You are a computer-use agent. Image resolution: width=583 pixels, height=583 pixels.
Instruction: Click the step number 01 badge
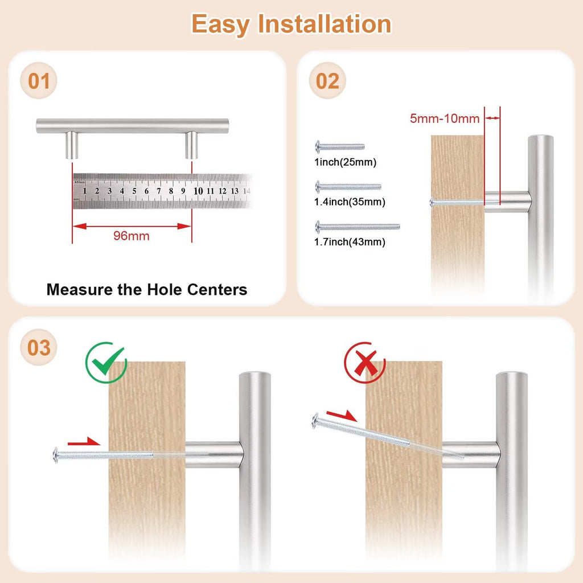point(38,81)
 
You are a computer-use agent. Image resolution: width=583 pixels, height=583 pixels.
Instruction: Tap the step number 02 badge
point(327,81)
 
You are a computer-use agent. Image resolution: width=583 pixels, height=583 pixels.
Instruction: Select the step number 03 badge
point(38,347)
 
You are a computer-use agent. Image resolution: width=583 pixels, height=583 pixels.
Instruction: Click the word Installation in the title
point(324,24)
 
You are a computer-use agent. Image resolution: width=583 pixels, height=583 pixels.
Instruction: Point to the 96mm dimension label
point(132,236)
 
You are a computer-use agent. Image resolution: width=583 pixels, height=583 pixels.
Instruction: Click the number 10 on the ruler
point(198,191)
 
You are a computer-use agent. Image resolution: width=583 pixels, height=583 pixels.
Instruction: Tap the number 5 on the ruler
point(134,191)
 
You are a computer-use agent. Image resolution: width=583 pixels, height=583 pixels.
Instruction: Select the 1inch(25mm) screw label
point(346,162)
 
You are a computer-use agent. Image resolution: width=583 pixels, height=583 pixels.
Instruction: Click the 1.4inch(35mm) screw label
point(350,202)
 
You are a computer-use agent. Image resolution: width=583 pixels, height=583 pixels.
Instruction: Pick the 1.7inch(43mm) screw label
point(350,241)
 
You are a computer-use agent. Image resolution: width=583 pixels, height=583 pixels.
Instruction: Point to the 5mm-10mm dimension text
point(445,118)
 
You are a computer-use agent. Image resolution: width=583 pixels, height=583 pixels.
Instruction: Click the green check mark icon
point(106,363)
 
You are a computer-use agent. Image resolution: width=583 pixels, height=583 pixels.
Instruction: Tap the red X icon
point(364,363)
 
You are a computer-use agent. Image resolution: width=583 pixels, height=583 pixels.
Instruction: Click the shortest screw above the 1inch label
point(340,147)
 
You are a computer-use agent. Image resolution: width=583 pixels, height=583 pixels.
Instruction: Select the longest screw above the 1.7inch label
point(358,227)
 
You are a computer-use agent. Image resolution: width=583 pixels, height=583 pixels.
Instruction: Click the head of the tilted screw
point(315,421)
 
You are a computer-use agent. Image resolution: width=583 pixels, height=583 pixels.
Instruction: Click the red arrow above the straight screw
point(84,442)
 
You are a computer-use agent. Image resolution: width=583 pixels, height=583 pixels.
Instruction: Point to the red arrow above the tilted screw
point(342,415)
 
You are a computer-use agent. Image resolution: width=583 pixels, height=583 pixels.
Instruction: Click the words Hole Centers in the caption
point(198,290)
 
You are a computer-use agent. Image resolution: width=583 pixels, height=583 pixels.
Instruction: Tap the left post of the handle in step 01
point(72,145)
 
